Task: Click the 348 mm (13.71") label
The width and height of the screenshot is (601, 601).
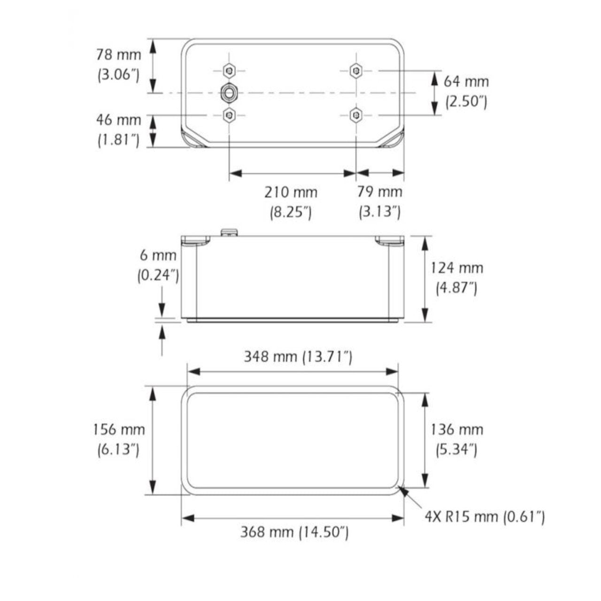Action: click(298, 357)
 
